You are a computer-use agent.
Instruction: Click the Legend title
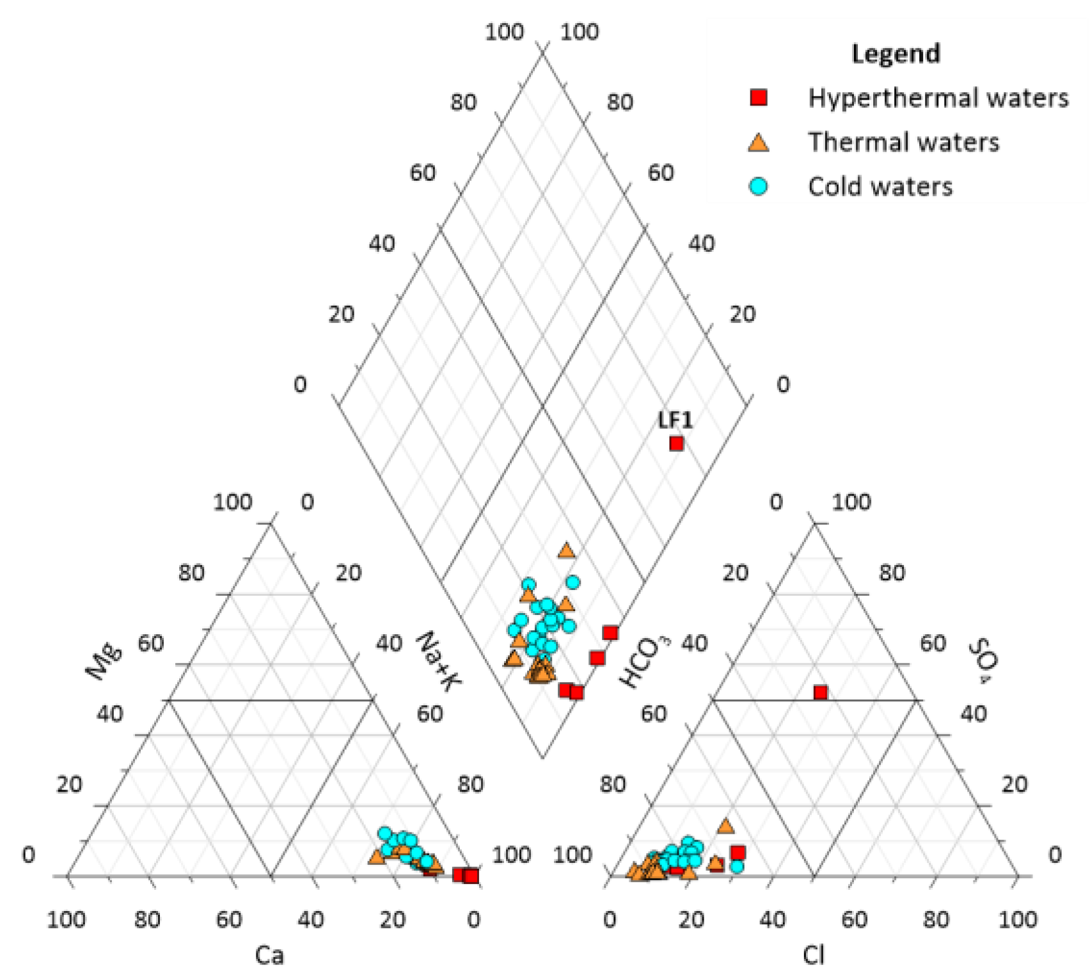coord(896,54)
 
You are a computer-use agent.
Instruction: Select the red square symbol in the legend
coord(759,97)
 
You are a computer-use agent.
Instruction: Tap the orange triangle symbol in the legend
coord(759,143)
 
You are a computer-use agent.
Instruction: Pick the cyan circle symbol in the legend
coord(759,187)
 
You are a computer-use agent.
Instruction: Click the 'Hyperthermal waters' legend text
coord(938,98)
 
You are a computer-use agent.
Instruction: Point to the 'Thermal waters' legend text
coord(903,142)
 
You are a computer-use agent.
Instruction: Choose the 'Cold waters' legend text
coord(880,187)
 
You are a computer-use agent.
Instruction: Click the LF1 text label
coord(675,420)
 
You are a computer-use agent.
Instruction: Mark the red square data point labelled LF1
coord(676,443)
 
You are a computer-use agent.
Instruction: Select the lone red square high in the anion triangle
coord(820,692)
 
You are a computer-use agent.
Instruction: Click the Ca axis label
coord(269,955)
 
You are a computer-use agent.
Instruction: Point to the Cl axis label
coord(814,955)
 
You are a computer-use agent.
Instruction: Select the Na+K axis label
coord(439,661)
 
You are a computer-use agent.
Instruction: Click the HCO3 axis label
coord(639,662)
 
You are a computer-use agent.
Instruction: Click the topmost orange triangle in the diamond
coord(567,550)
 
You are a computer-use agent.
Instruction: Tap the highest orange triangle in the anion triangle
coord(725,826)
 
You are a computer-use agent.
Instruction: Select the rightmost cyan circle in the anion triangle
coord(737,866)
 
